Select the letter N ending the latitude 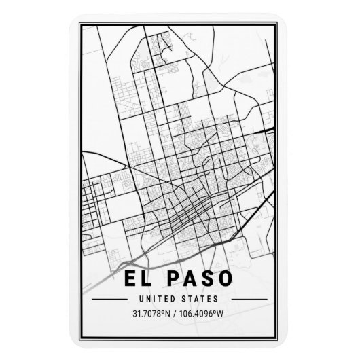coord(171,314)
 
